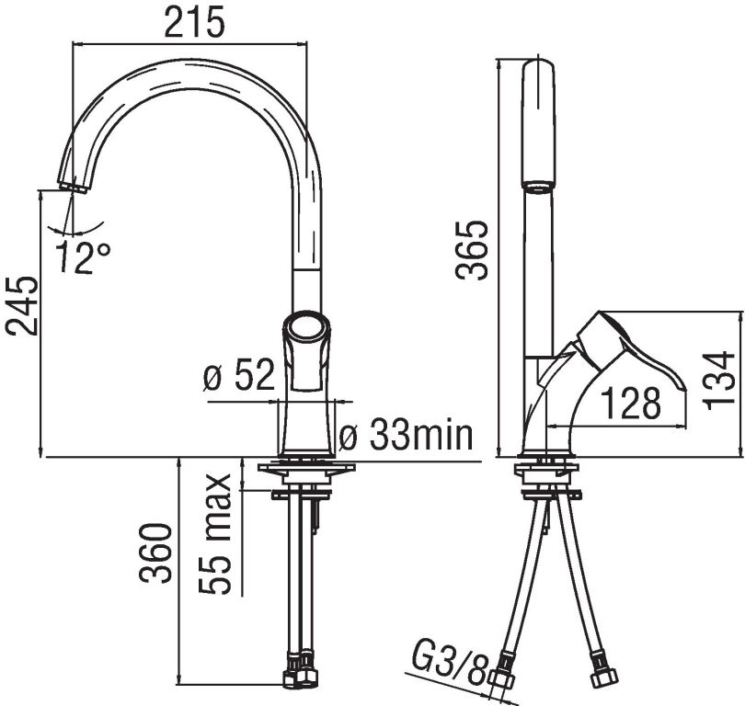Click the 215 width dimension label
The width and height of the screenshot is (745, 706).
[194, 23]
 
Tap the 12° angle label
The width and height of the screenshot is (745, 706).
[84, 256]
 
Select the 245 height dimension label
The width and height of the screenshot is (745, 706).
[21, 306]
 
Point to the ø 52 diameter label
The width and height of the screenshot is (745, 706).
[239, 375]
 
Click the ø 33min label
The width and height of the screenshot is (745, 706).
[407, 435]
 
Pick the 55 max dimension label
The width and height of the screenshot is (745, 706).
[215, 534]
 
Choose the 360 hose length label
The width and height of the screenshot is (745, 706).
[155, 553]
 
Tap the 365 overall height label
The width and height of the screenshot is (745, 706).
[471, 250]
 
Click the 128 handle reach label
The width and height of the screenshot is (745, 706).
[631, 403]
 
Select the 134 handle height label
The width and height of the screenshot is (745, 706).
[718, 381]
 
